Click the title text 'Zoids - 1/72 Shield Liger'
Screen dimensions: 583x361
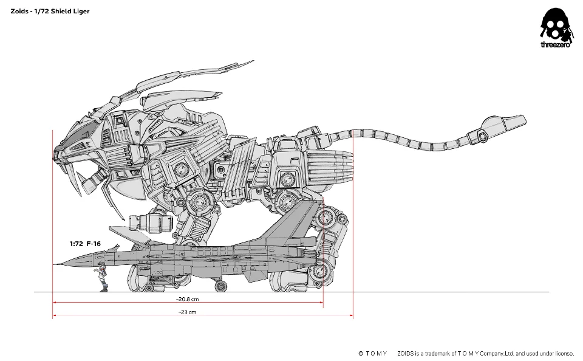pyautogui.click(x=50, y=11)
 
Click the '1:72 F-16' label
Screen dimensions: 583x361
pyautogui.click(x=85, y=244)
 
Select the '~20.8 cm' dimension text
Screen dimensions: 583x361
pyautogui.click(x=188, y=299)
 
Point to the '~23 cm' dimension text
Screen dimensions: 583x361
pyautogui.click(x=188, y=312)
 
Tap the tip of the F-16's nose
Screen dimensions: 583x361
pyautogui.click(x=53, y=264)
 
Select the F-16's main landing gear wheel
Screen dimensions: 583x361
pyautogui.click(x=221, y=286)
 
